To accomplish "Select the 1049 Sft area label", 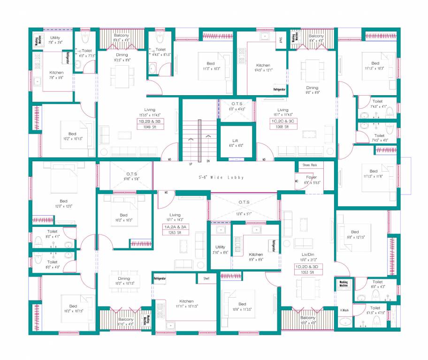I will click(150, 127).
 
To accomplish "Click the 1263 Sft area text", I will click(175, 232).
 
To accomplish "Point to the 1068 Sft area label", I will click(283, 127).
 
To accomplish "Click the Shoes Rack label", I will click(310, 165).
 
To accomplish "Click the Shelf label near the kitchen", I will click(206, 278).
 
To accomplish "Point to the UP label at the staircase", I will click(191, 164).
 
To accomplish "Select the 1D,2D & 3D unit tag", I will click(308, 266).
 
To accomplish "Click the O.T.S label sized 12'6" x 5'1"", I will click(244, 202).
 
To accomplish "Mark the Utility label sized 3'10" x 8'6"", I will click(220, 247).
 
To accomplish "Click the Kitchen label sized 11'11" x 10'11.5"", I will click(186, 301).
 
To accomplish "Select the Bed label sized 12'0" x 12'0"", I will click(64, 201).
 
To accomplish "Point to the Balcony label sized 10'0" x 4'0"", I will click(308, 317).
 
